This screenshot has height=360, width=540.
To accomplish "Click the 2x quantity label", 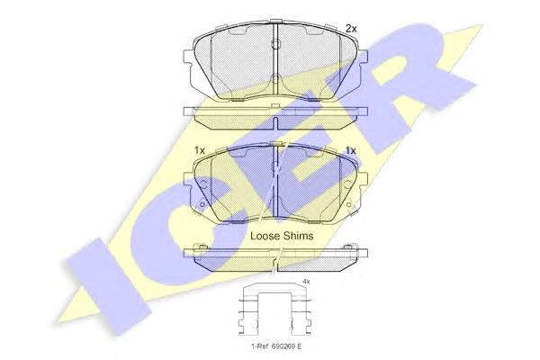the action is pyautogui.click(x=351, y=29).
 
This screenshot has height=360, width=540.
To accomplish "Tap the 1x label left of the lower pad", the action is pyautogui.click(x=200, y=150).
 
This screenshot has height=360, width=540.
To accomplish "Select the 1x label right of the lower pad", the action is pyautogui.click(x=351, y=150).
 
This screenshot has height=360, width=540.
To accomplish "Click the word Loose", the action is pyautogui.click(x=265, y=236).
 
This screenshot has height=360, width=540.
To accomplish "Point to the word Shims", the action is pyautogui.click(x=298, y=236).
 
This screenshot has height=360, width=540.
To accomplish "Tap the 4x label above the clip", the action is pyautogui.click(x=306, y=282).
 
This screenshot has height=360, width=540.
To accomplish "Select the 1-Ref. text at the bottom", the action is pyautogui.click(x=258, y=346).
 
